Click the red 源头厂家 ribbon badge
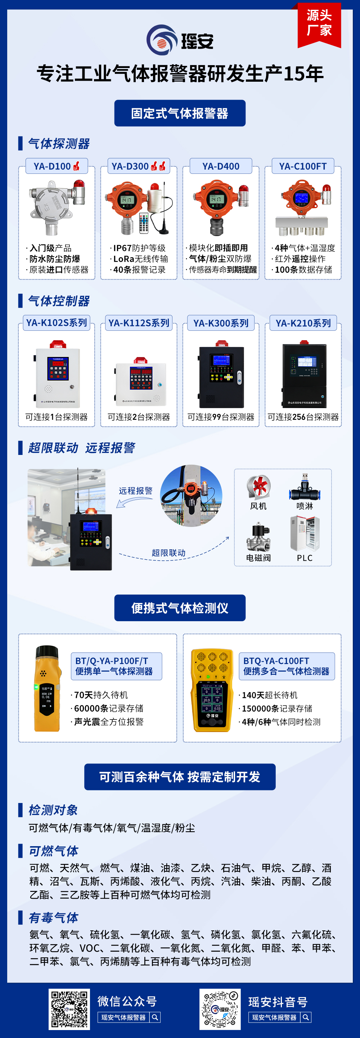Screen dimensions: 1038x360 point(319,24)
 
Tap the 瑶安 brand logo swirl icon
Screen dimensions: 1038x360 point(161,40)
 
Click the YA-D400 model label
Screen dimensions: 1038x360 point(221,166)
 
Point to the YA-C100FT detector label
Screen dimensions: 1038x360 point(303,166)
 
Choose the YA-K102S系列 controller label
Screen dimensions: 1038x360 point(57,323)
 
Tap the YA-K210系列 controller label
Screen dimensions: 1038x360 point(303,323)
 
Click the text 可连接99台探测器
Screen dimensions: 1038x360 point(221,417)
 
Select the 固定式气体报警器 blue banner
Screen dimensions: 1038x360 point(180,113)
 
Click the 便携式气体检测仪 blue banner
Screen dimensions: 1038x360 point(180,608)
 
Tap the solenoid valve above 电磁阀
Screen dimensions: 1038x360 point(258,538)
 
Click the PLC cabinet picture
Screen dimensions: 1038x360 point(305,534)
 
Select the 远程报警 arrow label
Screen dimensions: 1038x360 point(135,491)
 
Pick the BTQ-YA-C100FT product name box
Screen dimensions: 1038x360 point(286,666)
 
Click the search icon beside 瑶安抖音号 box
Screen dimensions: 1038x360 point(306,1017)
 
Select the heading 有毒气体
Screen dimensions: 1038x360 point(53,917)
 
